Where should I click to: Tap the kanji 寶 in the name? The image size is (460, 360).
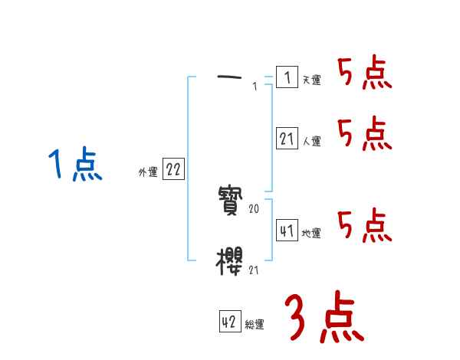tap(231, 203)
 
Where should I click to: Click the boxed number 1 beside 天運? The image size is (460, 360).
tap(286, 77)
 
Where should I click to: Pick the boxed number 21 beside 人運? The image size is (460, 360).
tap(286, 139)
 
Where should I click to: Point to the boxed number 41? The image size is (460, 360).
tap(286, 231)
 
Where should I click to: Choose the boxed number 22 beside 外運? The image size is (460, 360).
tap(173, 170)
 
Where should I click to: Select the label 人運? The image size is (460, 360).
tap(311, 142)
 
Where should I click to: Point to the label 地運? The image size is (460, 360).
tap(311, 233)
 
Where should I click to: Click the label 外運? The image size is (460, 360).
tap(148, 172)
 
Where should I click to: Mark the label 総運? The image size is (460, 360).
tap(255, 325)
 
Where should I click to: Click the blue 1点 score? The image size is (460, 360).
tap(74, 165)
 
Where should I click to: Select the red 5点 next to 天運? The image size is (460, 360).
tap(364, 74)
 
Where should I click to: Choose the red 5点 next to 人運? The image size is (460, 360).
tap(364, 135)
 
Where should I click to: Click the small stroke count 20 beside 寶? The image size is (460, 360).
tap(255, 208)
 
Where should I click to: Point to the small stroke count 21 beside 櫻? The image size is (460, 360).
tap(255, 270)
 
